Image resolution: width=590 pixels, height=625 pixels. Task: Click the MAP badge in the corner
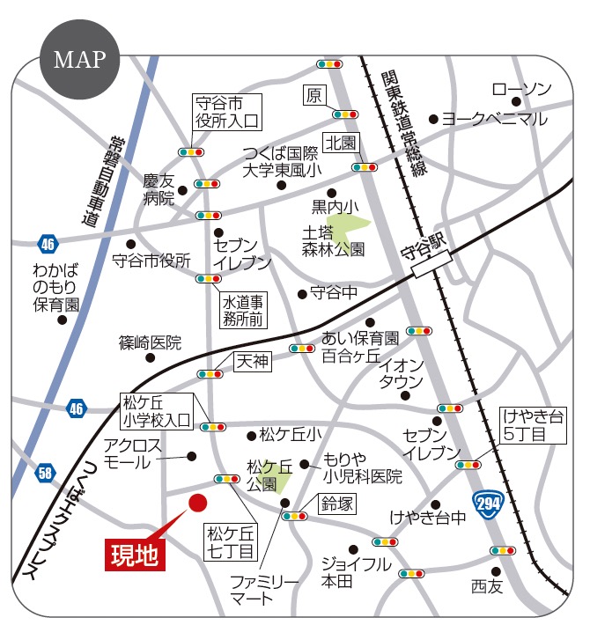coord(80,60)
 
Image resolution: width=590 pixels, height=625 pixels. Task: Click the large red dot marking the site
coord(198,503)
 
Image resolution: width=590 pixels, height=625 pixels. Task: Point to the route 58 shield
coord(45,473)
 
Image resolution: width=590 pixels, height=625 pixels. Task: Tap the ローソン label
coord(520,90)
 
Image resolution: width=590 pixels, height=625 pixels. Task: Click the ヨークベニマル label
coord(494,119)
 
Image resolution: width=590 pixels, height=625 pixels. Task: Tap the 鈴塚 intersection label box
coord(336,504)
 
